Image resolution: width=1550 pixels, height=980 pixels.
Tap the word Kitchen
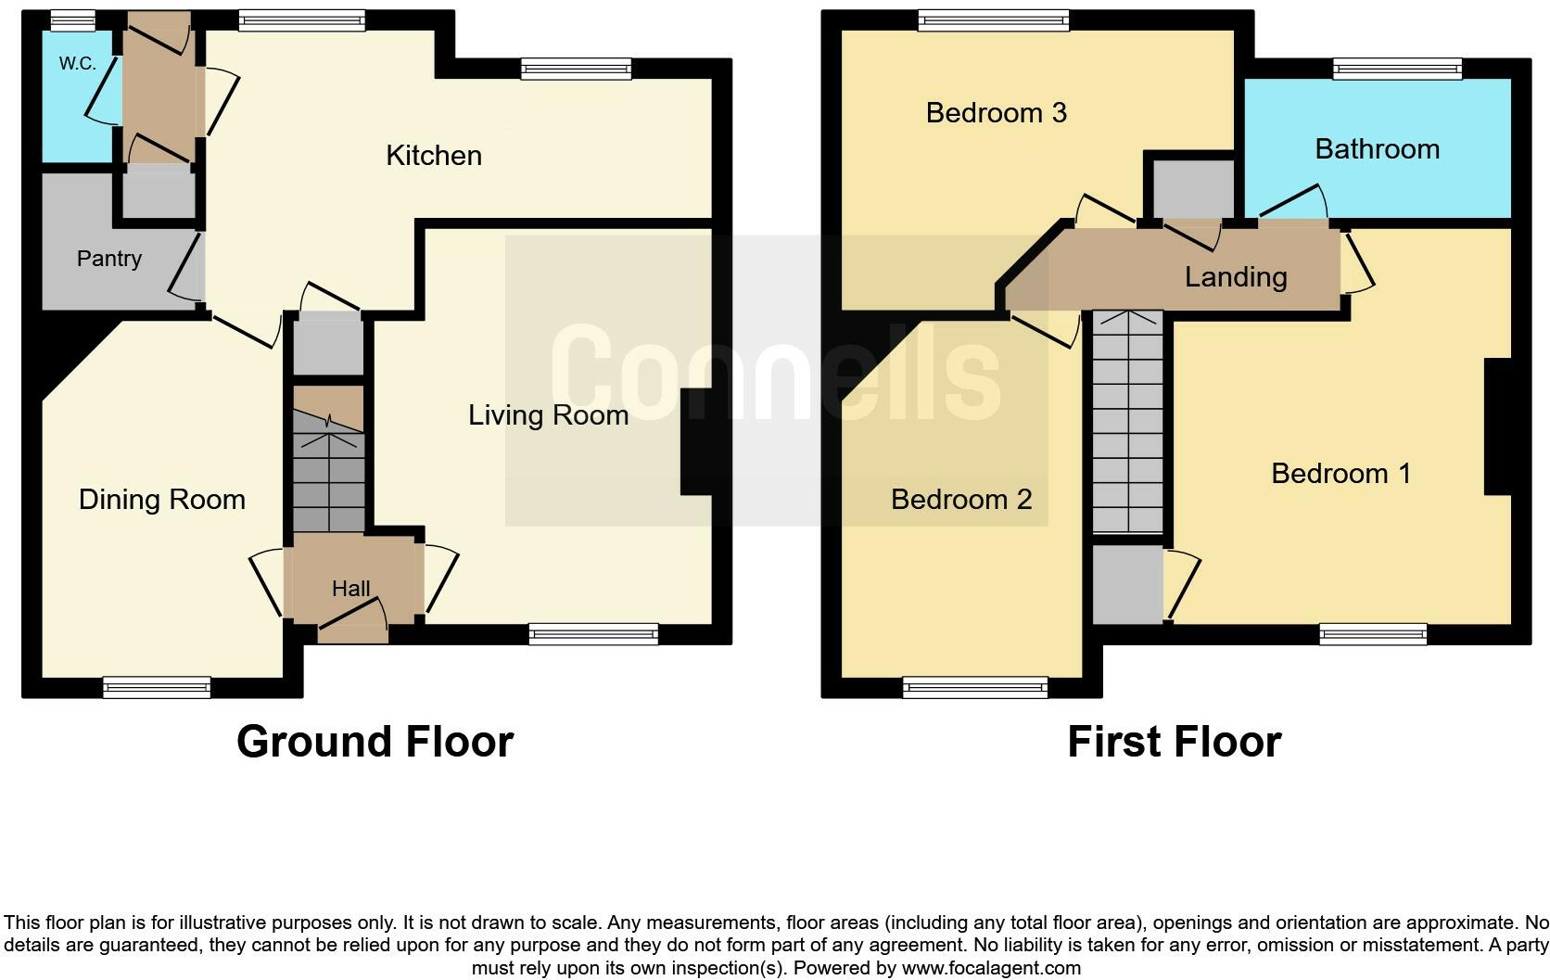coord(434,156)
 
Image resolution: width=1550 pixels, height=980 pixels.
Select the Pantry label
coord(109,259)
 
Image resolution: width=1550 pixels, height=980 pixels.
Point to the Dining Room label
coord(162,500)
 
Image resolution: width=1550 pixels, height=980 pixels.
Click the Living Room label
coord(548,414)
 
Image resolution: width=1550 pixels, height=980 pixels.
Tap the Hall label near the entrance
coord(350,588)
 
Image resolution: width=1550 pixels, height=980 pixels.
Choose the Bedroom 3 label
coord(996,113)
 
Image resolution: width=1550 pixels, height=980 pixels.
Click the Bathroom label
coord(1377,149)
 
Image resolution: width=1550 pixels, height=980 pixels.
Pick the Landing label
coord(1236,277)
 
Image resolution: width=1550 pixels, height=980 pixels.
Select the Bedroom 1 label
coord(1340,474)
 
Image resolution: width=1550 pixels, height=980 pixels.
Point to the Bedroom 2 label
coord(961,500)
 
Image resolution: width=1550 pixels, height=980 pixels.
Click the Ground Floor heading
coord(375,742)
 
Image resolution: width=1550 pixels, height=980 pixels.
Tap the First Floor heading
coord(1174,742)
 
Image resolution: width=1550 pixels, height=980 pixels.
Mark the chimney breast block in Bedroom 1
coord(1498,426)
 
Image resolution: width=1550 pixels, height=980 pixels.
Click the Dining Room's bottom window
coord(157,687)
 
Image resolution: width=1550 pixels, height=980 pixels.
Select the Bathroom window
coord(1397,68)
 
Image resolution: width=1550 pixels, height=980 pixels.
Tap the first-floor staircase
coord(1127,422)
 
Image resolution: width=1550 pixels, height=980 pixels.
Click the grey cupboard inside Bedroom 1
coord(1127,584)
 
